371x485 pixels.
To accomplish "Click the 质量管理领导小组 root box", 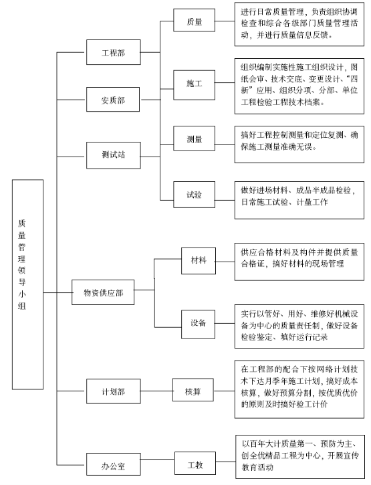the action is [27, 284].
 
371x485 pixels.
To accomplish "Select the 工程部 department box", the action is [114, 52].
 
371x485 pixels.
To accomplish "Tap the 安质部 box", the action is [113, 99].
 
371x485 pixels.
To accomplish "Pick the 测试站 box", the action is [114, 155].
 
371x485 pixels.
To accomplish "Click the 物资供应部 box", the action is [103, 292].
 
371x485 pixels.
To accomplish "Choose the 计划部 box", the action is [114, 391].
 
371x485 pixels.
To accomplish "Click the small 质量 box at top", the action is [194, 20].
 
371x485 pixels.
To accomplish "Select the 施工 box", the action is [194, 85].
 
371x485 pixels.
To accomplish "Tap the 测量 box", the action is [194, 138].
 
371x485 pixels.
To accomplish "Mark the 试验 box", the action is [194, 195].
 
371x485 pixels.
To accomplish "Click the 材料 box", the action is [199, 261].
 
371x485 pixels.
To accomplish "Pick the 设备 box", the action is [198, 324].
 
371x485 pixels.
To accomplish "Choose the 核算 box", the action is [193, 390].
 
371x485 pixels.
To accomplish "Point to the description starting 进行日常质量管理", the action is [299, 24].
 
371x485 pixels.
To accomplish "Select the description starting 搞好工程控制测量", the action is [299, 144].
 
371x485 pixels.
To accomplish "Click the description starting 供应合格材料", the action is [299, 262].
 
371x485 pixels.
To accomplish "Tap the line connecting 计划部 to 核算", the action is [156, 391].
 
